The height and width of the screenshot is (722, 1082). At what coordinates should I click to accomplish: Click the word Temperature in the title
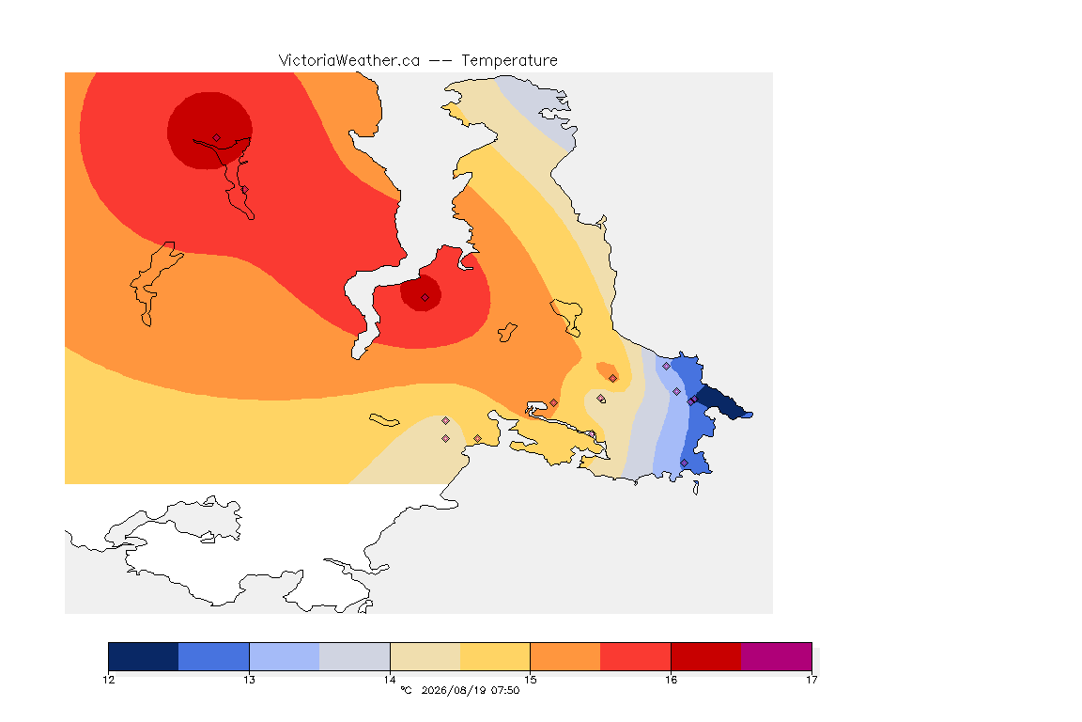click(x=509, y=61)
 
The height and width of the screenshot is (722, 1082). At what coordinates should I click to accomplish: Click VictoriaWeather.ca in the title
click(x=349, y=61)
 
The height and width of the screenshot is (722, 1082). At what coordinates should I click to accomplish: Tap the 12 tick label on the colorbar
click(x=108, y=680)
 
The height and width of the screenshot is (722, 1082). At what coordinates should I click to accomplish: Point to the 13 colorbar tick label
click(x=249, y=680)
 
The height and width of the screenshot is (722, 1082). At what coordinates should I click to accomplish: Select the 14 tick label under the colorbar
click(x=390, y=680)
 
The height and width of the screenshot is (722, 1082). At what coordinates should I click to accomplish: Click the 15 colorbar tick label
click(x=530, y=680)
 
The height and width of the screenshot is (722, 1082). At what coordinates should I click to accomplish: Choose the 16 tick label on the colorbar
click(x=671, y=680)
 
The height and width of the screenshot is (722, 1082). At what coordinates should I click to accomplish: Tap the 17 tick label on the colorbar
click(x=811, y=680)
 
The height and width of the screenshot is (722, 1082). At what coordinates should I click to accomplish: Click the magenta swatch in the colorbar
click(x=777, y=656)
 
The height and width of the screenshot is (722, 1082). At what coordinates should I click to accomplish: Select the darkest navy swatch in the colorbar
click(x=144, y=656)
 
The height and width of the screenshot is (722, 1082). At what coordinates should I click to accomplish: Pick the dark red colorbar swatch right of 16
click(x=706, y=656)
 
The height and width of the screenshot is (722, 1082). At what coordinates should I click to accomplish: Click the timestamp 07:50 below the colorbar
click(x=506, y=690)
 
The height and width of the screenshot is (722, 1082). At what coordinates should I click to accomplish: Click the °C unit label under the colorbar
click(x=406, y=690)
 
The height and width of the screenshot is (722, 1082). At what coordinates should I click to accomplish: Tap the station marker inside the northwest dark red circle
click(x=217, y=138)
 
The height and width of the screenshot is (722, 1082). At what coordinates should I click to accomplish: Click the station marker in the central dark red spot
click(x=425, y=298)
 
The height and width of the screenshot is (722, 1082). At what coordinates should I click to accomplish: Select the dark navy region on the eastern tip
click(x=722, y=402)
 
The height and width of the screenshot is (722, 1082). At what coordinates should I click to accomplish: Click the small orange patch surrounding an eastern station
click(x=608, y=371)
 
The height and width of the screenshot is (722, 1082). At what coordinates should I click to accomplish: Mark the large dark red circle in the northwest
click(x=209, y=131)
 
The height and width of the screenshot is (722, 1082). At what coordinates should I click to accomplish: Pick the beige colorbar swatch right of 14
click(x=425, y=656)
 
